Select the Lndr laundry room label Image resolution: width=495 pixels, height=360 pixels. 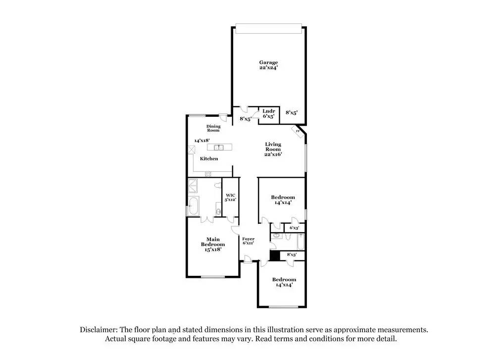[x=269, y=111]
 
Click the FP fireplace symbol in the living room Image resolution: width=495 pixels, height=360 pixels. [x=298, y=132]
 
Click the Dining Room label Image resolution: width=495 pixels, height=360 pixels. [x=213, y=128]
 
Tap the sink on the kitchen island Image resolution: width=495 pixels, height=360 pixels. [x=218, y=147]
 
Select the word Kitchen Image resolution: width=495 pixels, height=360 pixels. [x=209, y=158]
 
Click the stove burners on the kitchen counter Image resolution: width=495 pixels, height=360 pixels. [x=208, y=174]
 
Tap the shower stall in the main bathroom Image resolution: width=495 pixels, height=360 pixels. [x=193, y=186]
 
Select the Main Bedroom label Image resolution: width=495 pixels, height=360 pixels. [x=213, y=242]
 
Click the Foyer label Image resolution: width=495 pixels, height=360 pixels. [x=248, y=239]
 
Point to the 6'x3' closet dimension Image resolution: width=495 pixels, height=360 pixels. [x=294, y=228]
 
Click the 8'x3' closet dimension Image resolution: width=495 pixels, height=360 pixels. [x=292, y=255]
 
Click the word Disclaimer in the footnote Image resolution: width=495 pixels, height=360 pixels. [x=98, y=330]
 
